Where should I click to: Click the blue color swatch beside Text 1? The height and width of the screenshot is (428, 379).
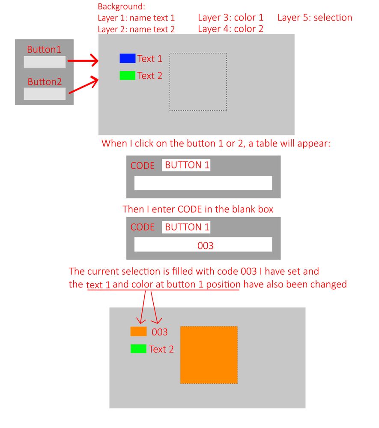pyautogui.click(x=128, y=58)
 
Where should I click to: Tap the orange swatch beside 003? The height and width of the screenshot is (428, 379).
pyautogui.click(x=138, y=331)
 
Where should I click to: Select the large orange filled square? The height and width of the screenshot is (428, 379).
pyautogui.click(x=209, y=355)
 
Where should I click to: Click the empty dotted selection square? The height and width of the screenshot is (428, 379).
pyautogui.click(x=198, y=81)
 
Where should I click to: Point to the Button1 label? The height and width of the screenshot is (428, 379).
pyautogui.click(x=44, y=49)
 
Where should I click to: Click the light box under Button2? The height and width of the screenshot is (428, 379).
pyautogui.click(x=45, y=94)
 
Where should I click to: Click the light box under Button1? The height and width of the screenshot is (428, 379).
pyautogui.click(x=45, y=62)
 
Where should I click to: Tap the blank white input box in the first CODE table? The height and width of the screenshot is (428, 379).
pyautogui.click(x=203, y=183)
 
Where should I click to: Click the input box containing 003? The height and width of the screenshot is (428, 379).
pyautogui.click(x=203, y=244)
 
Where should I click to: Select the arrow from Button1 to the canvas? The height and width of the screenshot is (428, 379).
pyautogui.click(x=83, y=60)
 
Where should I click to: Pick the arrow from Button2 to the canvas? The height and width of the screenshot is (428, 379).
pyautogui.click(x=84, y=85)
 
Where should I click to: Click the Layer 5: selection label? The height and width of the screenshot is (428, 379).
pyautogui.click(x=315, y=18)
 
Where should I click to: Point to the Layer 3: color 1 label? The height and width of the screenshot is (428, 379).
pyautogui.click(x=230, y=18)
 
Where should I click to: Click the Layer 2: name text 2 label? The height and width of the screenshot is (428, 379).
pyautogui.click(x=136, y=29)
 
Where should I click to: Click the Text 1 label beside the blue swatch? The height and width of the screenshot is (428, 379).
pyautogui.click(x=149, y=58)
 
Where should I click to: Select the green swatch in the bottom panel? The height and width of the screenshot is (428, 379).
pyautogui.click(x=138, y=349)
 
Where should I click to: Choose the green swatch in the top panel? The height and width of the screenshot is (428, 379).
pyautogui.click(x=128, y=75)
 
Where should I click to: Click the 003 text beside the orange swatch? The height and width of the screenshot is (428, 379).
pyautogui.click(x=160, y=332)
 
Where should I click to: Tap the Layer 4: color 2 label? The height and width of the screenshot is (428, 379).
pyautogui.click(x=230, y=29)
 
